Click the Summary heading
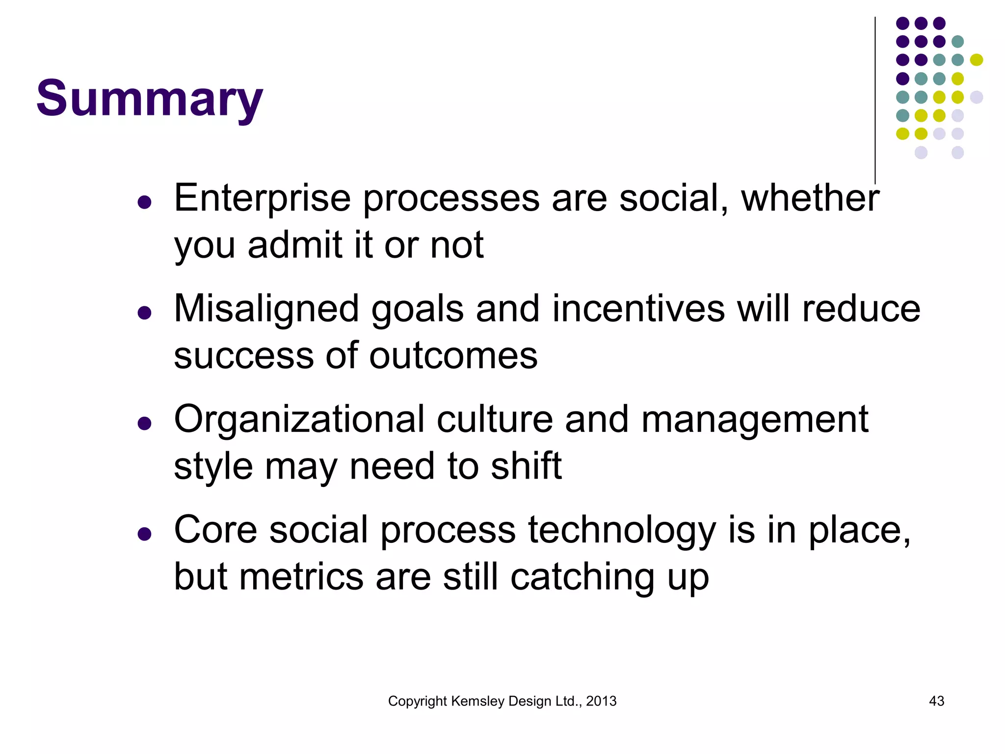coord(150,99)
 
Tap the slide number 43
coord(936,701)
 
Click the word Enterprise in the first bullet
coord(262,199)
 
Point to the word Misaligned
coord(266,309)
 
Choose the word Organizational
coord(299,420)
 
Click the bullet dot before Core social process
coord(144,534)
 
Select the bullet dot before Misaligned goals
coord(144,312)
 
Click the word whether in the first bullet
coord(810,199)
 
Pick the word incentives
coord(638,309)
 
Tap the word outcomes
coord(453,356)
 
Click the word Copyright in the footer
coord(417,701)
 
